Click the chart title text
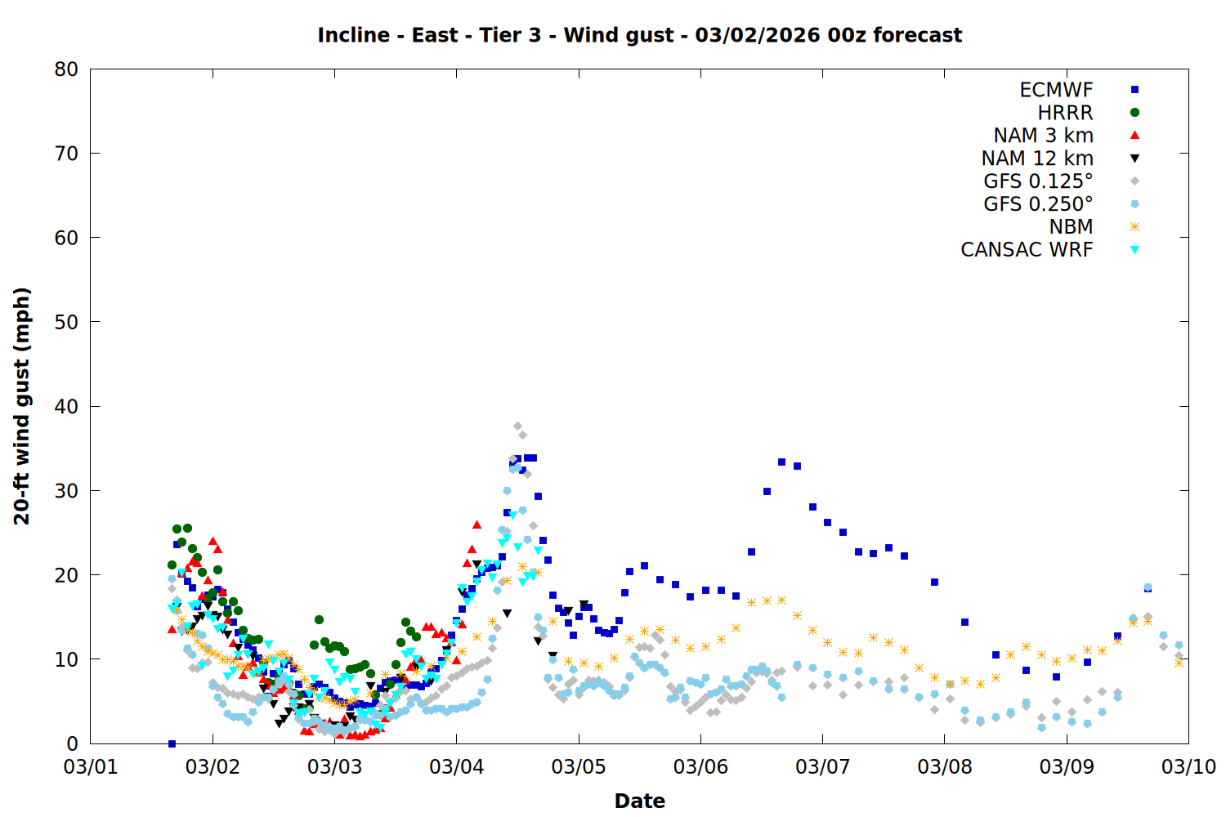click(639, 35)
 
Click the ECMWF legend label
click(1056, 90)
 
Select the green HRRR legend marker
click(1134, 113)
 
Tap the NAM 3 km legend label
click(1043, 136)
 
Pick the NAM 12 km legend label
click(1037, 158)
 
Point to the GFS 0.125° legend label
click(1038, 181)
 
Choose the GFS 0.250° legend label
click(1038, 204)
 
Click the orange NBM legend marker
click(1134, 227)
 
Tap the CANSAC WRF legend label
click(1027, 250)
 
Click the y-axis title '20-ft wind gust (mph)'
click(22, 406)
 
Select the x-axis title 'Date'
click(639, 801)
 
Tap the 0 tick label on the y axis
click(73, 743)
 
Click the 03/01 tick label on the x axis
click(91, 767)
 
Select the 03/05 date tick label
click(579, 767)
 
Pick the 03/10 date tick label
click(1188, 767)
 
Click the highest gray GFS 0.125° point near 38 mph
click(517, 426)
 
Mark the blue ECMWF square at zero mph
click(172, 743)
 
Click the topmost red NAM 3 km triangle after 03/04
click(477, 525)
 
